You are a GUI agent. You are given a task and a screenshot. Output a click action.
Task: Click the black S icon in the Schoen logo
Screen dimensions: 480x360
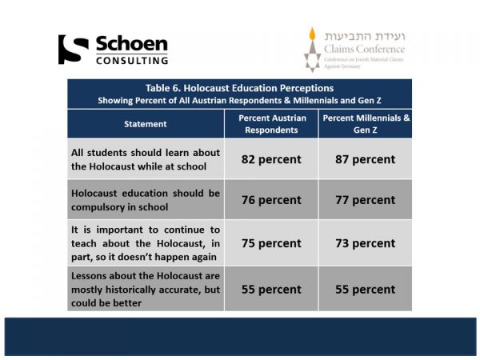click(x=74, y=50)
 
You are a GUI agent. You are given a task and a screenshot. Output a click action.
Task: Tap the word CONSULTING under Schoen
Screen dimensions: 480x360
click(x=132, y=60)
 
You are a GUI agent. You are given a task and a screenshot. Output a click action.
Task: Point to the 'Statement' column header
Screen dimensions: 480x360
click(x=146, y=124)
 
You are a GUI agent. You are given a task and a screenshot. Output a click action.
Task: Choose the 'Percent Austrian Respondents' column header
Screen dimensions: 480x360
click(x=271, y=124)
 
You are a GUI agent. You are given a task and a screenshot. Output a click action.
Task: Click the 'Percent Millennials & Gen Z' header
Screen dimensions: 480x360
click(x=365, y=124)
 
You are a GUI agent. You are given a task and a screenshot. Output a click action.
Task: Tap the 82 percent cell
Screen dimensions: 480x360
click(x=271, y=159)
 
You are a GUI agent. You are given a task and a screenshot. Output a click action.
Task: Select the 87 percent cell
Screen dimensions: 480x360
click(x=365, y=159)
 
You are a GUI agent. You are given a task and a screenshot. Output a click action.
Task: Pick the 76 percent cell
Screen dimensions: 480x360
click(x=271, y=200)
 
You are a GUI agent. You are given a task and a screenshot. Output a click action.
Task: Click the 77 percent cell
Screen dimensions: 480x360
click(x=365, y=200)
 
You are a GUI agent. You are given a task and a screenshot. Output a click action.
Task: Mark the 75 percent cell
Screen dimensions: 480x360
click(x=271, y=243)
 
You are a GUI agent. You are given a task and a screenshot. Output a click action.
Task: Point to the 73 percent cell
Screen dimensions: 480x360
click(x=365, y=243)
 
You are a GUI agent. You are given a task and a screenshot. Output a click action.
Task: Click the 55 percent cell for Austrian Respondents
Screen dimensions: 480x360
click(x=271, y=288)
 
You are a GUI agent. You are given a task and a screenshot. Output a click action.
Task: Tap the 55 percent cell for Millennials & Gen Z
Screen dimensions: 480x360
click(x=365, y=288)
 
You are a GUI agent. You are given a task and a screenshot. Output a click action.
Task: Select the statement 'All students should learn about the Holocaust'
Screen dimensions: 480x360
click(x=145, y=159)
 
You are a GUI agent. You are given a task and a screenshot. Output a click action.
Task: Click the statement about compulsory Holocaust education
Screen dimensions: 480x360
click(x=145, y=200)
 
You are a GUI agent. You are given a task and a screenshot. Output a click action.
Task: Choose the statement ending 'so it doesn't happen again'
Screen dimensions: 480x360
click(x=145, y=243)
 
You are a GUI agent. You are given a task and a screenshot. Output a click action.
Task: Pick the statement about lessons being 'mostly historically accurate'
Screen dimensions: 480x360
click(x=145, y=288)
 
